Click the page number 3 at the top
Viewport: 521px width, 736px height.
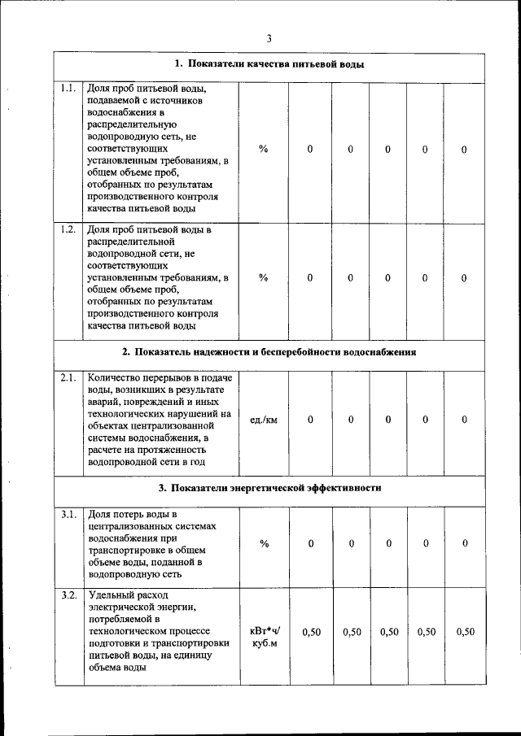point(269,38)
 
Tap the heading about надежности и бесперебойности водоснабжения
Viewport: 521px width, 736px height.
point(269,352)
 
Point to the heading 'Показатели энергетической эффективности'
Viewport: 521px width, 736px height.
point(269,488)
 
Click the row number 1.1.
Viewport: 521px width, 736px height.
point(68,88)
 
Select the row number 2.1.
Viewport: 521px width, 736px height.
point(68,377)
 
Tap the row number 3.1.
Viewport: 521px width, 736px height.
point(68,514)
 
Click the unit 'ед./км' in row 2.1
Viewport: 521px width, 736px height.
point(264,420)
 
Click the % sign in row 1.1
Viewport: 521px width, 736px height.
point(264,150)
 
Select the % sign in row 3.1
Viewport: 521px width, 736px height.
point(264,543)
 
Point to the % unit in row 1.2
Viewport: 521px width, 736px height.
point(264,277)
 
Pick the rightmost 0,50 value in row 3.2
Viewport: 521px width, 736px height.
point(465,632)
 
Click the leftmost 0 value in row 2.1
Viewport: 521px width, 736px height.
point(311,420)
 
